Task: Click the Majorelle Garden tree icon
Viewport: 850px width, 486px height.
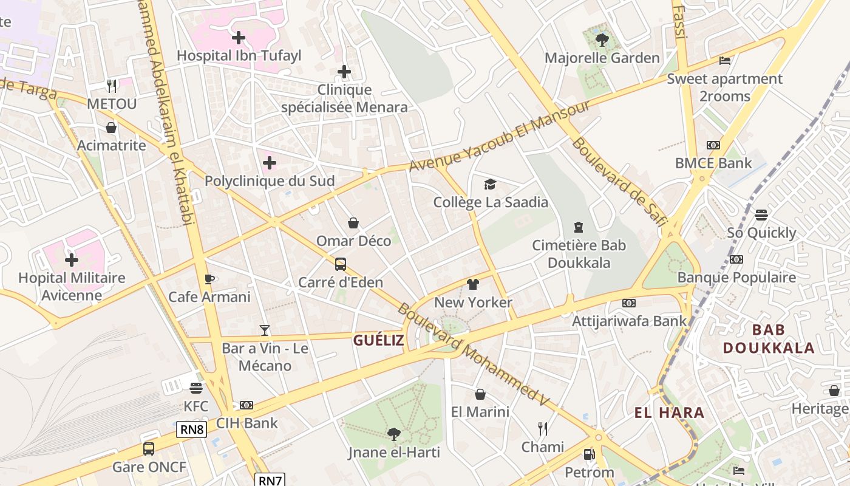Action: coord(602,40)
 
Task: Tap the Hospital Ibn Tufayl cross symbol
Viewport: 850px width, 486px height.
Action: coord(239,38)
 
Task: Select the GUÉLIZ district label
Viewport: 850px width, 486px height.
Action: coord(378,340)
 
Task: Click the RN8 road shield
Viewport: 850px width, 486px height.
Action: coord(192,430)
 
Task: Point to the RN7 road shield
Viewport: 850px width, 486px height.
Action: coord(270,480)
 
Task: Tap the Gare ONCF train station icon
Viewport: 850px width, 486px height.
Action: coord(149,449)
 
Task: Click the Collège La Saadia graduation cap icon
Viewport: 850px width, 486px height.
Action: coord(490,184)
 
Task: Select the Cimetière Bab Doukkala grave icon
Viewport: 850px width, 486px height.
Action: coord(578,227)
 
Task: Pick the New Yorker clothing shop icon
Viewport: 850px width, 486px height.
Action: coord(473,284)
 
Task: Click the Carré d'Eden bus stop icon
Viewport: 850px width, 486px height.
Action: coord(341,264)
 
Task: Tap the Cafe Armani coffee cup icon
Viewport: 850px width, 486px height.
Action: coord(209,279)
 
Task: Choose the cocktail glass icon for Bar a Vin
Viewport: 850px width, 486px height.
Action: coord(264,330)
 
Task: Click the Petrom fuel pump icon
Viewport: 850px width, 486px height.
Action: coord(588,454)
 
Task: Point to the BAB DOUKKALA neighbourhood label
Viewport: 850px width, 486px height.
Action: coord(769,339)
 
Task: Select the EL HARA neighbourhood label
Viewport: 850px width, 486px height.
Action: coord(669,413)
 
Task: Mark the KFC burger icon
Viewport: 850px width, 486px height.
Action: coord(195,388)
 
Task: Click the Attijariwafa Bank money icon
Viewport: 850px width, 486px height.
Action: coord(629,303)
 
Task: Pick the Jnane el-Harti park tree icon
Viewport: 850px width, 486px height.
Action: coord(394,434)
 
